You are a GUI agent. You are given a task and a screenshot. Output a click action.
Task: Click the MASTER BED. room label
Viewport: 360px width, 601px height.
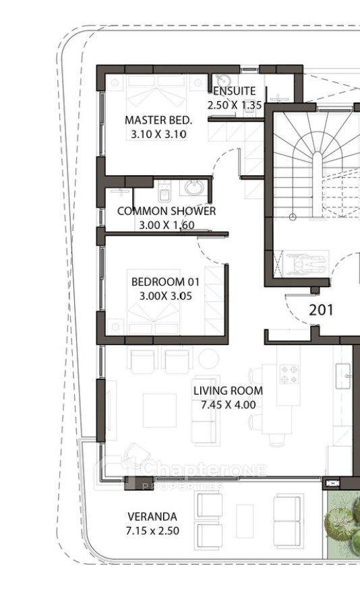[x=158, y=120]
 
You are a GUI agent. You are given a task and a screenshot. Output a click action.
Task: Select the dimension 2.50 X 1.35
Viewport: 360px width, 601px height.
[x=234, y=105]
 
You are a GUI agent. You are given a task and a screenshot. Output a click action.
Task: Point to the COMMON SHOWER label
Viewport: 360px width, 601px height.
[x=167, y=211]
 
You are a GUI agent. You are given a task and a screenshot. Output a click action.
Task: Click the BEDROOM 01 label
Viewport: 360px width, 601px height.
[x=165, y=282]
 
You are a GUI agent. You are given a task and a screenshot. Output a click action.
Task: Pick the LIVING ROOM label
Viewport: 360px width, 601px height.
[x=228, y=391]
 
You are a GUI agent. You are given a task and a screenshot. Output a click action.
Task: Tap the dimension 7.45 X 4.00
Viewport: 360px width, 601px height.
[x=228, y=405]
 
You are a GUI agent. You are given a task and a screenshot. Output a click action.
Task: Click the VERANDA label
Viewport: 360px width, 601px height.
[x=152, y=517]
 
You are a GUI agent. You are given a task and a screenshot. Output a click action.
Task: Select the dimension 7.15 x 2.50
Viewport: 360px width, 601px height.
[x=152, y=531]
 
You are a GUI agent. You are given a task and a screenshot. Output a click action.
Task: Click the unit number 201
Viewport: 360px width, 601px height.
[x=321, y=310]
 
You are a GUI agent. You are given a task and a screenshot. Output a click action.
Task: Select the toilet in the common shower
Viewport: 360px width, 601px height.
[x=164, y=191]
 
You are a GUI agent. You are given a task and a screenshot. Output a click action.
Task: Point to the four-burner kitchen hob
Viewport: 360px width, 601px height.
[x=289, y=375]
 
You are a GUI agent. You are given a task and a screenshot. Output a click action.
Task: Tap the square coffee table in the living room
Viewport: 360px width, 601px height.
[x=160, y=410]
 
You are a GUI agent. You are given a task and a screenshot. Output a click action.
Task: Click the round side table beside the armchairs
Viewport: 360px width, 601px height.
[x=208, y=358]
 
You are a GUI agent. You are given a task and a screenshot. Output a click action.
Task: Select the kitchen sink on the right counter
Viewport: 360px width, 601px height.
[x=343, y=377]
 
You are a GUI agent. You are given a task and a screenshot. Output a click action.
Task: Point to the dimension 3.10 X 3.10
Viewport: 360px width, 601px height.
[x=158, y=134]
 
